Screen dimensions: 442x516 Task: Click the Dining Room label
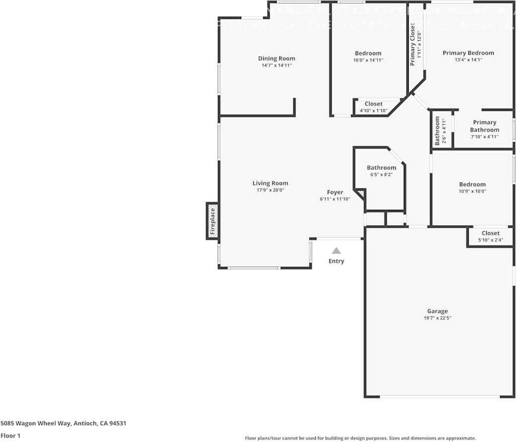(x=276, y=59)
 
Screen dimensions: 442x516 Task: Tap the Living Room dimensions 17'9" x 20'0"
(x=270, y=190)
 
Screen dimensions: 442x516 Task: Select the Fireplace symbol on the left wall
(x=212, y=221)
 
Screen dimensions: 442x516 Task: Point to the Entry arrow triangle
(x=336, y=251)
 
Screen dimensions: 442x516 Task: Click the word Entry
(x=336, y=261)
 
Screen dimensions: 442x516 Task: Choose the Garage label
(x=437, y=311)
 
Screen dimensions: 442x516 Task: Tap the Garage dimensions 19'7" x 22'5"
(x=437, y=318)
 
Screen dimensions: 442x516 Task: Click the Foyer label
(x=335, y=192)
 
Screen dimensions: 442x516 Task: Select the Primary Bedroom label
(x=468, y=53)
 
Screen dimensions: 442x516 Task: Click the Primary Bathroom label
(x=484, y=126)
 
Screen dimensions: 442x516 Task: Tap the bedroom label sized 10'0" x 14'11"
(x=368, y=54)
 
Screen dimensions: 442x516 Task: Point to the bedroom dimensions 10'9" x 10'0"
(x=472, y=191)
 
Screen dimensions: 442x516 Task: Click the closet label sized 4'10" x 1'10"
(x=373, y=104)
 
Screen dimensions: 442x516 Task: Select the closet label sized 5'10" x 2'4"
(x=490, y=233)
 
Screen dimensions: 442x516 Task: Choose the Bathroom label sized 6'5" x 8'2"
(x=381, y=168)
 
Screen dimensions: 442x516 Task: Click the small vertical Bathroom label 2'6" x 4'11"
(x=438, y=131)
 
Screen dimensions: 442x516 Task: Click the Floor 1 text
(x=10, y=436)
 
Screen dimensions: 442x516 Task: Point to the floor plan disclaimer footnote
(x=360, y=438)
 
